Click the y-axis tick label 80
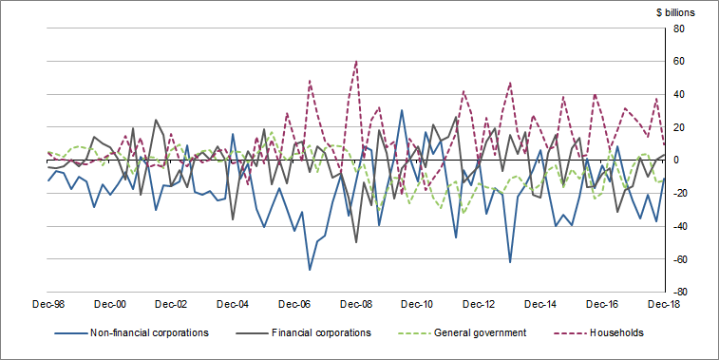click(x=679, y=28)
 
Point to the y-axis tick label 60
click(x=679, y=62)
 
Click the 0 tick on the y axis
click(x=676, y=161)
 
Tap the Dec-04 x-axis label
click(x=234, y=305)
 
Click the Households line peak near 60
click(x=356, y=62)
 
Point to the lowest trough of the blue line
click(x=310, y=270)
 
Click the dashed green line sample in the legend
click(x=414, y=333)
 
